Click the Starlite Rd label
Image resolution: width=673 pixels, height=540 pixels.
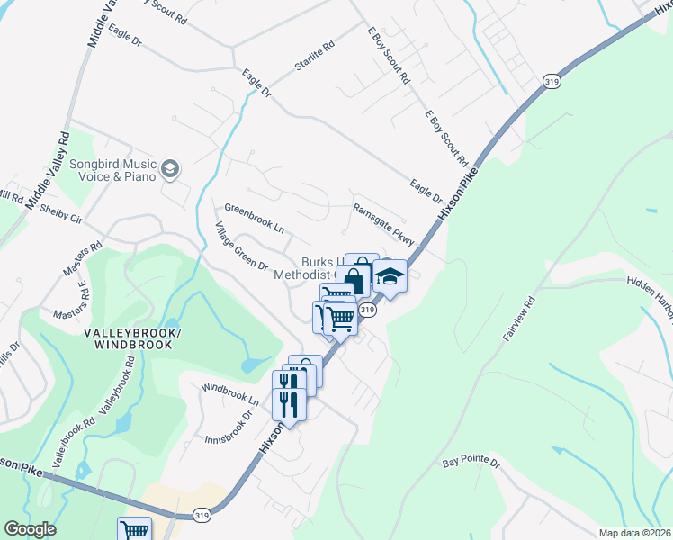coord(314,55)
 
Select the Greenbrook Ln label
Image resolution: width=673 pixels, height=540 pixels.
coord(254,221)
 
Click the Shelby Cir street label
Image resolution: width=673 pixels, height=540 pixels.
coord(60,213)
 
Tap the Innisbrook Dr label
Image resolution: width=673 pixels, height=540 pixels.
coord(226,427)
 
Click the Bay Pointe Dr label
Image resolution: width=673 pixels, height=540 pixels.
coord(471,462)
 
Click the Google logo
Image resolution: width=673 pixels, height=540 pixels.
coord(29,529)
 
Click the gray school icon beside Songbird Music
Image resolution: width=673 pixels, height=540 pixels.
coord(170,169)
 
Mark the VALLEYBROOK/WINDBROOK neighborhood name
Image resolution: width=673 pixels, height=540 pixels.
coord(132,339)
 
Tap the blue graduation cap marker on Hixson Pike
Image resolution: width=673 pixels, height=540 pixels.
coord(390,276)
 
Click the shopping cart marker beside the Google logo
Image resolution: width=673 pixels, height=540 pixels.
coord(134,529)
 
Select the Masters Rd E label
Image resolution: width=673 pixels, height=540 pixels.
coord(74,301)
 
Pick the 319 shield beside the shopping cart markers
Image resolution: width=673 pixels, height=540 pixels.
coord(367,310)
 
